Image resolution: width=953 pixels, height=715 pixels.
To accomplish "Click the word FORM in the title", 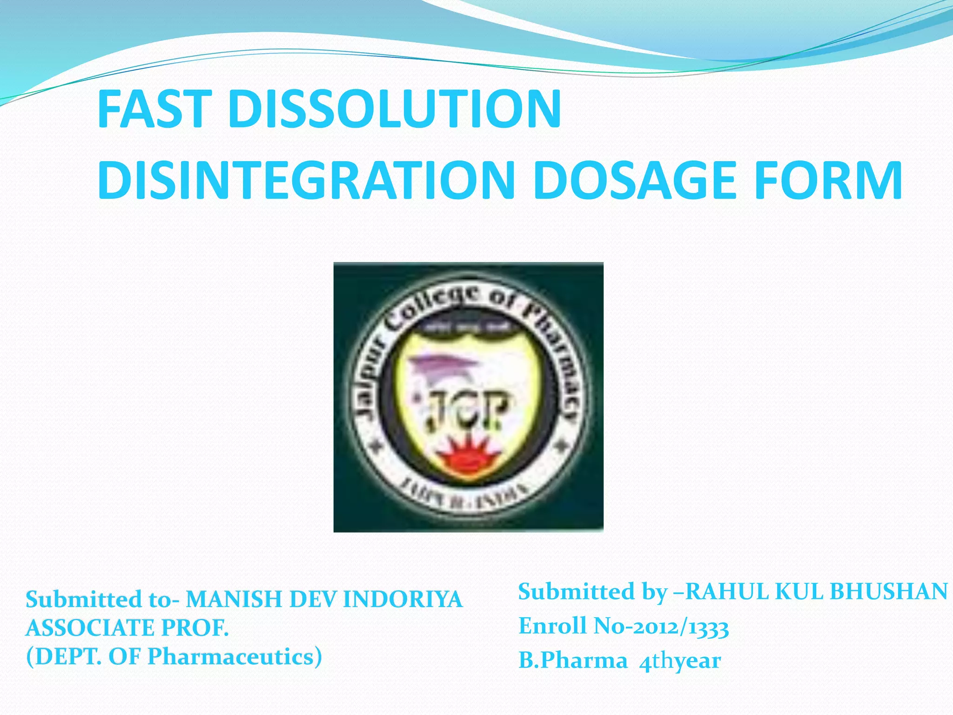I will [828, 180].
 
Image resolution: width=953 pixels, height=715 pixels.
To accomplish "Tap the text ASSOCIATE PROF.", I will [127, 628].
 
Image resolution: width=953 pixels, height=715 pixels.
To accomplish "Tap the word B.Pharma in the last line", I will [573, 661].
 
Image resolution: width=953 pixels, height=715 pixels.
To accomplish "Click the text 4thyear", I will [680, 661].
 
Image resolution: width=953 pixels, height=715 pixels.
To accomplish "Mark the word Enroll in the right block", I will [552, 626].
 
